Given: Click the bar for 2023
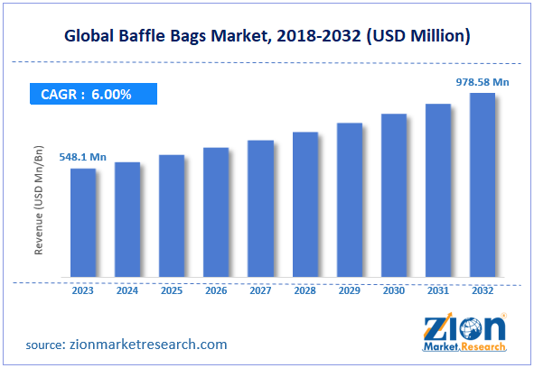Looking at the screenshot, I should [x=83, y=222].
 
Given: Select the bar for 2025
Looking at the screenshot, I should [x=172, y=216].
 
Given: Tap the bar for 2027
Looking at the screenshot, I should [x=260, y=208].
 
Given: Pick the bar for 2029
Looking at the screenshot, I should [x=349, y=199].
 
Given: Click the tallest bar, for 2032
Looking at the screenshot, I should [x=482, y=184].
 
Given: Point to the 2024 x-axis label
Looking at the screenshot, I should [x=127, y=290].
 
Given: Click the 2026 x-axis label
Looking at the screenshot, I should [x=216, y=290].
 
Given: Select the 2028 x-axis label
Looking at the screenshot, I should [x=304, y=290].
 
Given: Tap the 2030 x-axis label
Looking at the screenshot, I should [x=393, y=290].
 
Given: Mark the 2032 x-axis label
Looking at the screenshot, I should [x=482, y=290].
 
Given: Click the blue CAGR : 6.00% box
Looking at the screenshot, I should [x=90, y=93].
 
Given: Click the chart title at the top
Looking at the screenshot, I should [x=267, y=37].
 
